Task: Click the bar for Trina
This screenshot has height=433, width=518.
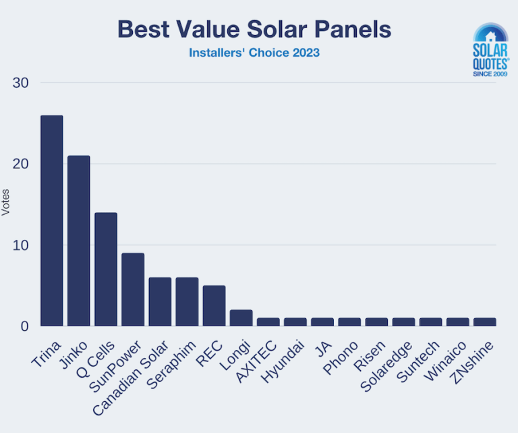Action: [52, 221]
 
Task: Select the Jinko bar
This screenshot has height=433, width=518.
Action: [79, 241]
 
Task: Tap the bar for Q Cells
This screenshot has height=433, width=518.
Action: [106, 270]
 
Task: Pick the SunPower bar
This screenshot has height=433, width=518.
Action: [133, 290]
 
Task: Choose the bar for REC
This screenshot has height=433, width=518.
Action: [214, 306]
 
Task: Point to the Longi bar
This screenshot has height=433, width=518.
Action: [241, 318]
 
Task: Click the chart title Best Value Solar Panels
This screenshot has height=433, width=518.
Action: [254, 30]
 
